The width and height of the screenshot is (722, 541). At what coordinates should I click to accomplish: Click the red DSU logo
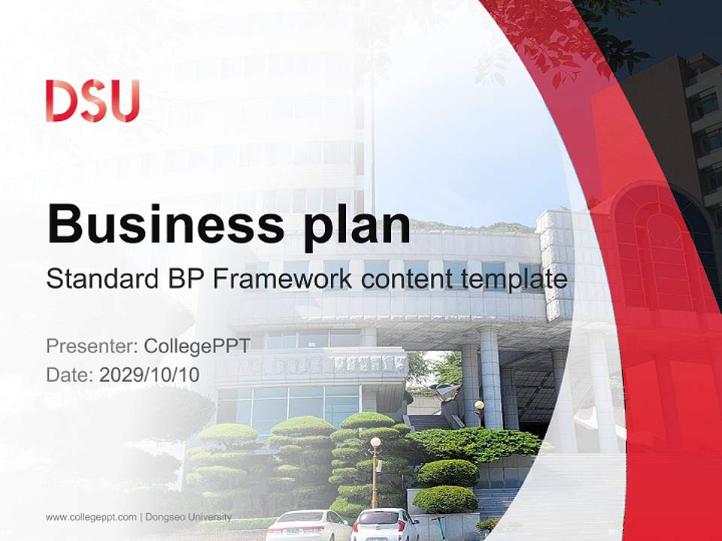(93, 101)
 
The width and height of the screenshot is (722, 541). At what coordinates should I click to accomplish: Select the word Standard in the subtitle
(102, 279)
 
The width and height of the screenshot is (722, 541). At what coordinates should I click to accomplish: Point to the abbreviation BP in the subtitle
(184, 279)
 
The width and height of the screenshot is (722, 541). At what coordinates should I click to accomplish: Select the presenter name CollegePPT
(197, 346)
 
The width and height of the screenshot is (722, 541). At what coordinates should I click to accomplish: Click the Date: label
(69, 374)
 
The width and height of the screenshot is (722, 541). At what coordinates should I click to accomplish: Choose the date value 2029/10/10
(150, 374)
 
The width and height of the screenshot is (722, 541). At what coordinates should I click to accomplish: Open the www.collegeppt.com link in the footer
(91, 517)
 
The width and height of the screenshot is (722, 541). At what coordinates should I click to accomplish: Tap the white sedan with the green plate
(308, 525)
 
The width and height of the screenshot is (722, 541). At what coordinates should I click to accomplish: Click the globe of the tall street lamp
(375, 442)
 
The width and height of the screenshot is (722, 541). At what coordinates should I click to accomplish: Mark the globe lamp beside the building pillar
(479, 406)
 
